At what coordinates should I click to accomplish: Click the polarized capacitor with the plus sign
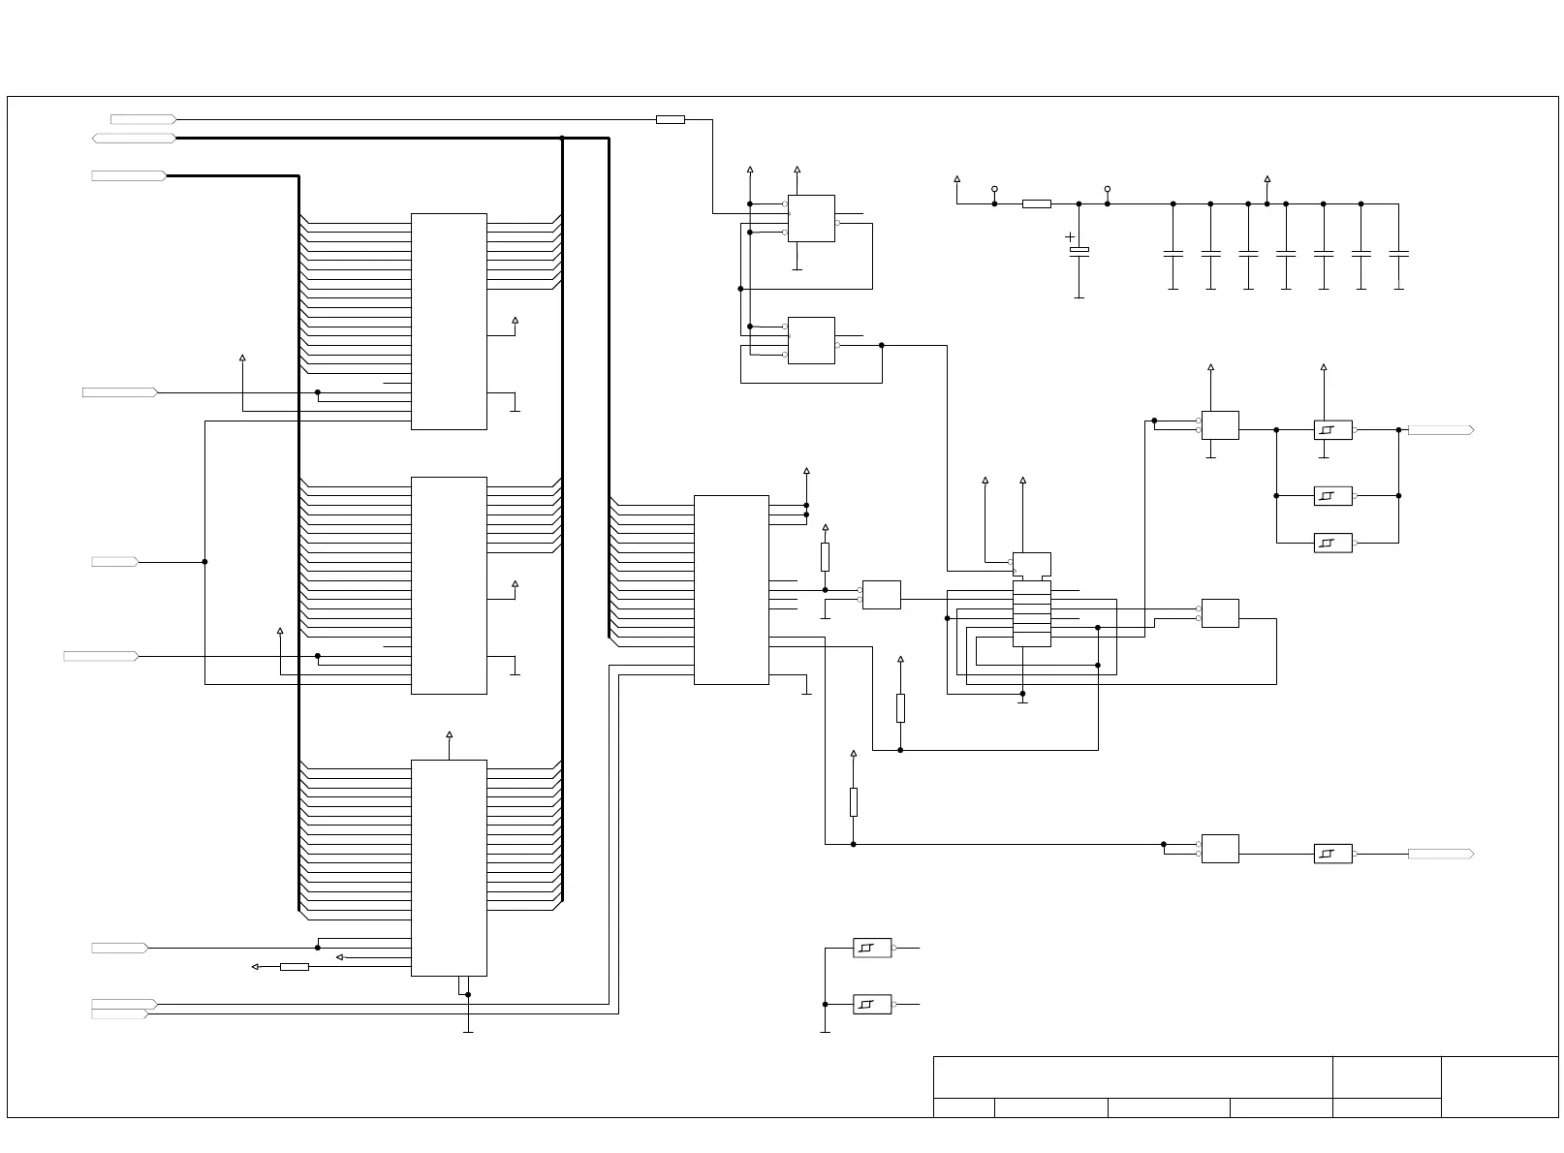coord(1079,250)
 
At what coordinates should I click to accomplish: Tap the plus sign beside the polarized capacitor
coord(1070,236)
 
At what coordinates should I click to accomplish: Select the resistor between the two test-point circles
coord(1036,203)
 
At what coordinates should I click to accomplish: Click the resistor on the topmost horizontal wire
coord(670,120)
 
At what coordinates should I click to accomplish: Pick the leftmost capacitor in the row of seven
coord(1173,254)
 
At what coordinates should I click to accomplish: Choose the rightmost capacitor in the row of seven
coord(1398,254)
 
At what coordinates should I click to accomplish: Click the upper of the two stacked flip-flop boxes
coord(811,218)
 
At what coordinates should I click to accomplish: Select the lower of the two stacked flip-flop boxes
coord(811,340)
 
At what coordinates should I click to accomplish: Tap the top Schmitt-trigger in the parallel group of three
coord(1332,429)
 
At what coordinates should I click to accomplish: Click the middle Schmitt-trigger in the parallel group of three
coord(1332,496)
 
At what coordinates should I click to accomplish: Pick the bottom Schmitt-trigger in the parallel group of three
coord(1332,543)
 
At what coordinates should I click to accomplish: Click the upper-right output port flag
coord(1440,429)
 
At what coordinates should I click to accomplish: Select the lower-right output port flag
coord(1440,854)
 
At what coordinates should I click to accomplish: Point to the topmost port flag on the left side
coord(143,119)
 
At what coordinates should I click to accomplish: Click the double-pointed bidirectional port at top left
coord(134,139)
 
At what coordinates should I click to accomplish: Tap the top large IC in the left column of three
coord(449,321)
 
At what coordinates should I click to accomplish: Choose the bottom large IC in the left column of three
coord(449,867)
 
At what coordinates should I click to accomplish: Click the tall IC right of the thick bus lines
coord(731,589)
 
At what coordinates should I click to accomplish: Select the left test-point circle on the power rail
coord(994,189)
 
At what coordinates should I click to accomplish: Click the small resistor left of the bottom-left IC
coord(294,966)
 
